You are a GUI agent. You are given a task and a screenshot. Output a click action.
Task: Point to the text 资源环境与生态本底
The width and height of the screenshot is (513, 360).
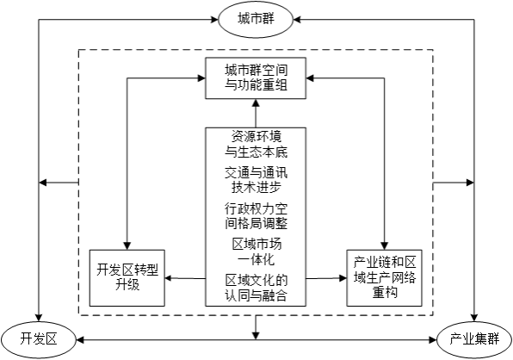(x=256, y=144)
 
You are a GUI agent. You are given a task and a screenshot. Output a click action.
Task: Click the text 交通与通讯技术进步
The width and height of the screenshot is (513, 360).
(x=256, y=180)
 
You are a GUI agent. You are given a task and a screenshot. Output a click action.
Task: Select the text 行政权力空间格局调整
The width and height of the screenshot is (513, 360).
(x=256, y=216)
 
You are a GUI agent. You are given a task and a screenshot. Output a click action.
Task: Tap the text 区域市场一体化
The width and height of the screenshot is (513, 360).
(x=256, y=252)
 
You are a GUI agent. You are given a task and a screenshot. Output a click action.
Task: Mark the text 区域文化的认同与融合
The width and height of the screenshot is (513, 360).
(x=256, y=288)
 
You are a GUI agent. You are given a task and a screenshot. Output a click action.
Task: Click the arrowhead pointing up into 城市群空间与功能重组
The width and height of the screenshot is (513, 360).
(x=256, y=102)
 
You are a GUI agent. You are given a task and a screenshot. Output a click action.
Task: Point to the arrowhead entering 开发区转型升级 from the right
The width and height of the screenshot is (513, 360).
(x=169, y=278)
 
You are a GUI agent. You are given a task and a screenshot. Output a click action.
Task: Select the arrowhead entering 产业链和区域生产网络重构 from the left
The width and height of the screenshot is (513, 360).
(x=343, y=278)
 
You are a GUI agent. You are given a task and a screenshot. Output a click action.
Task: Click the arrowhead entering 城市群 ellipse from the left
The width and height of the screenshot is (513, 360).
(x=214, y=20)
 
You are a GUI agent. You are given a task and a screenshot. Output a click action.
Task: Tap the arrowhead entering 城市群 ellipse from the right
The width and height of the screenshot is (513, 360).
(x=297, y=20)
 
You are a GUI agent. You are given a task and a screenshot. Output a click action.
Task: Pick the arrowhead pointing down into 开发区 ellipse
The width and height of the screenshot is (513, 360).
(x=39, y=318)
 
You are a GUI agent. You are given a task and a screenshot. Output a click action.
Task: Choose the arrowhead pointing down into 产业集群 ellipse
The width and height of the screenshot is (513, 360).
(x=474, y=318)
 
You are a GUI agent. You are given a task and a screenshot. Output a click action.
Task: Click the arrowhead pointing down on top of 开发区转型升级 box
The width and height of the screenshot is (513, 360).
(x=127, y=246)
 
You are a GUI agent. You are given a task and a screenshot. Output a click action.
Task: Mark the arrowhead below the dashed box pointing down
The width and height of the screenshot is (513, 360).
(x=256, y=336)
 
